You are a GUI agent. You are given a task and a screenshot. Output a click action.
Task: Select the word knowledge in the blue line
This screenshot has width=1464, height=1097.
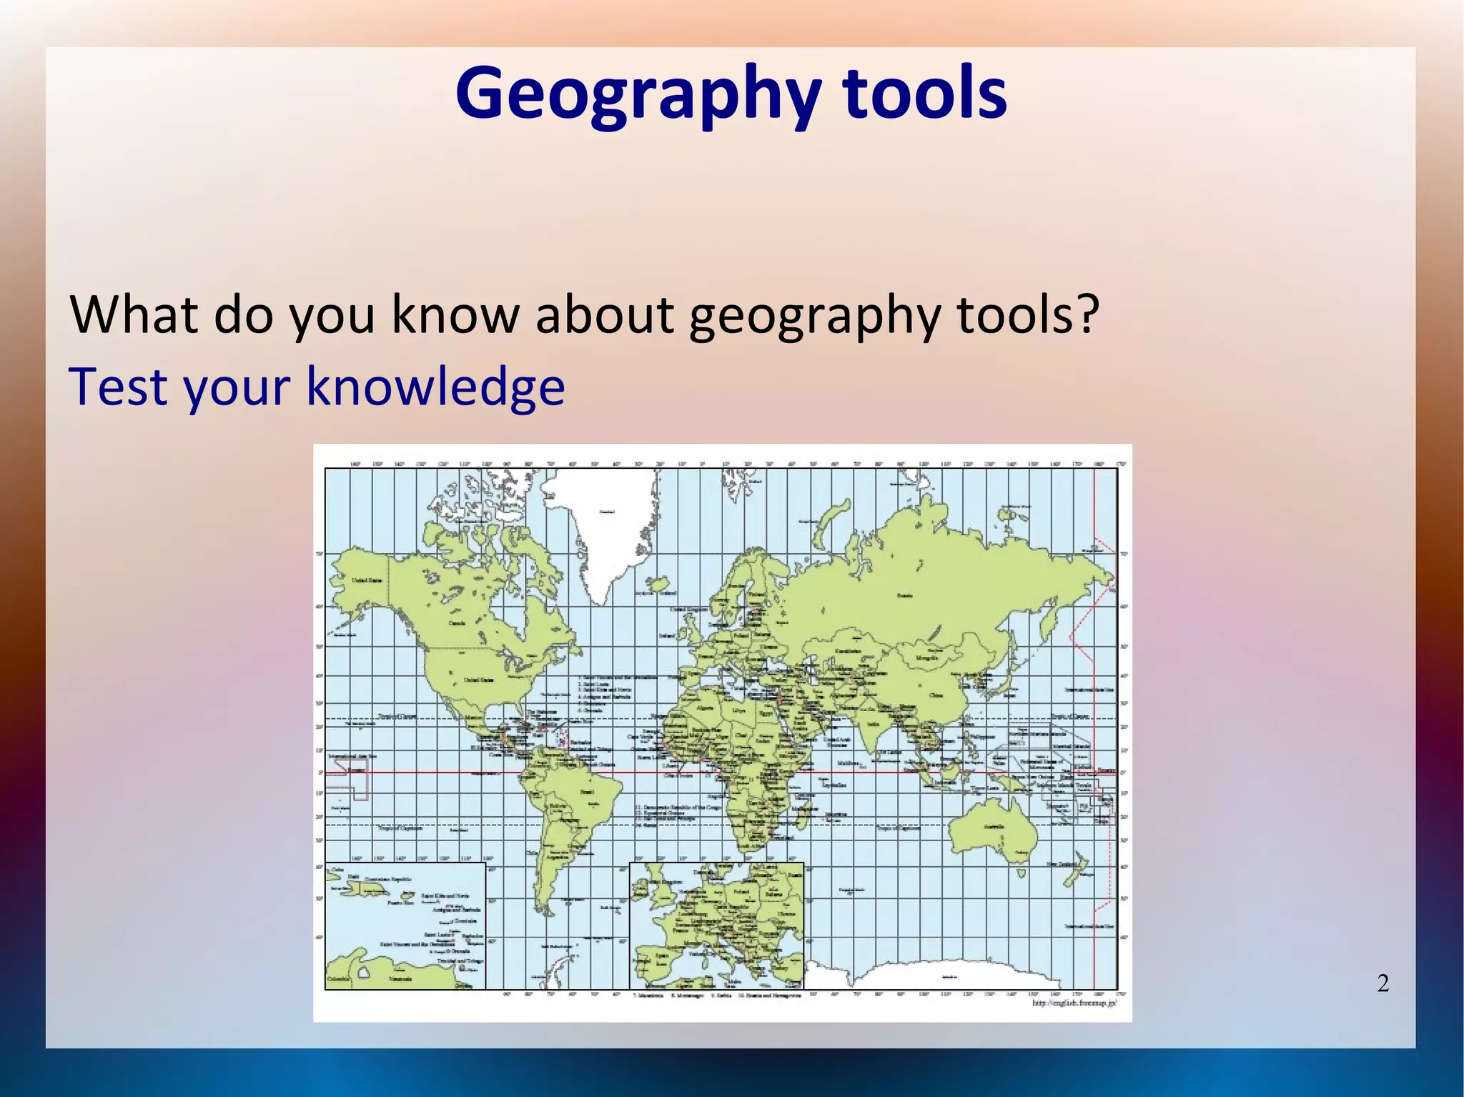[435, 387]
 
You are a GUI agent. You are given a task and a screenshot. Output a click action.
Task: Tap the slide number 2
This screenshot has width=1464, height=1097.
[1383, 983]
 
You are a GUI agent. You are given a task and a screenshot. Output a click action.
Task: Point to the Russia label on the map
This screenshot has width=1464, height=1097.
[905, 595]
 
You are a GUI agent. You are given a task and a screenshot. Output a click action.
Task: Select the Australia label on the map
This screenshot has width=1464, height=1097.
[994, 827]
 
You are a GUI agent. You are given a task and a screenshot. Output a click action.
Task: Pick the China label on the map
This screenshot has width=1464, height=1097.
[935, 695]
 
